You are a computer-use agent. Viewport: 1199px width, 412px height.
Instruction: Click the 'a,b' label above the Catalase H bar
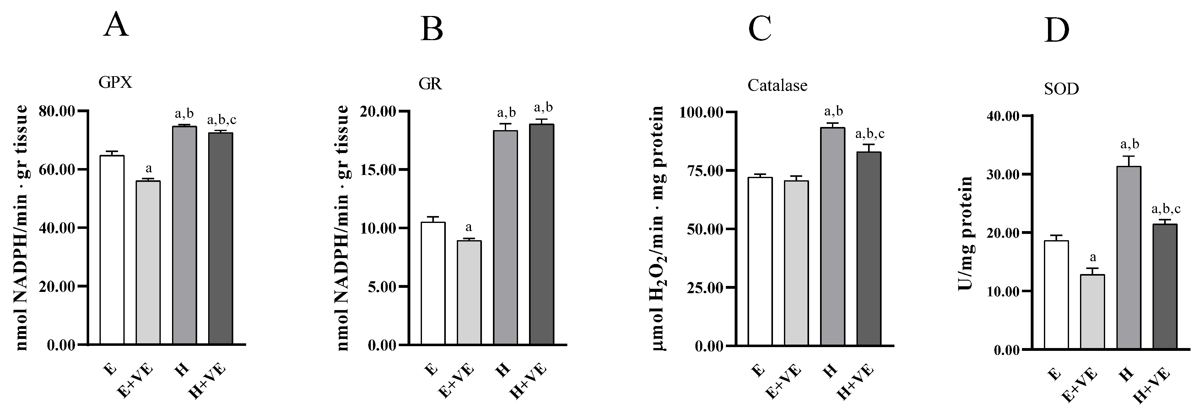[x=833, y=112]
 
